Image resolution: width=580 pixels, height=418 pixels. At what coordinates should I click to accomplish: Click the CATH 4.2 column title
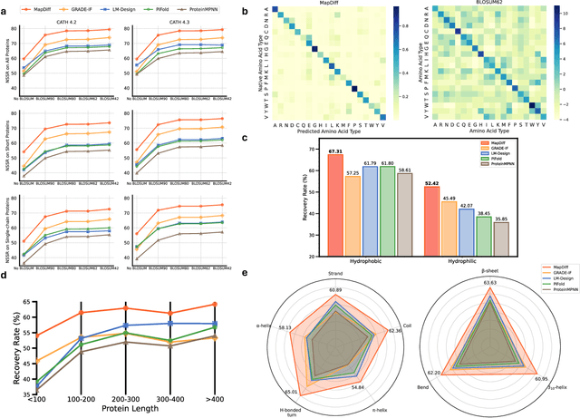point(78,21)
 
